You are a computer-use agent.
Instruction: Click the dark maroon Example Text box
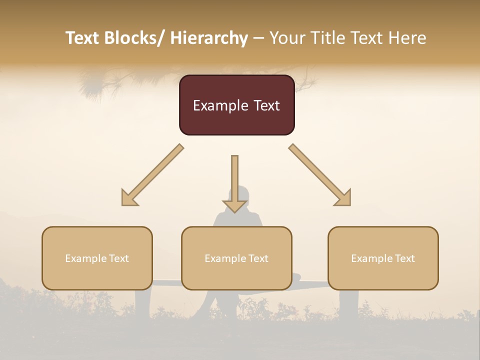coord(236,105)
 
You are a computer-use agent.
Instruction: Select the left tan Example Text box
coord(97,258)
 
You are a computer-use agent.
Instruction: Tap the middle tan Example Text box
coord(236,258)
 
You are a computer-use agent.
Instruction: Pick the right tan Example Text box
coord(383,258)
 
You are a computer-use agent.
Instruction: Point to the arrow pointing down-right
coord(320,175)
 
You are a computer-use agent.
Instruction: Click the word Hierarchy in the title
coord(209,38)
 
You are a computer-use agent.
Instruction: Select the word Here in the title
coord(406,38)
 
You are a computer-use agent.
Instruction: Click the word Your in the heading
coord(286,38)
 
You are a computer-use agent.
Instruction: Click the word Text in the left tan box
coord(118,258)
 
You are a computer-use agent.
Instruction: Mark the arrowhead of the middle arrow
coord(234,205)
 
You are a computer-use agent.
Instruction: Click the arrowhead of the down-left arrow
coord(128,198)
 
